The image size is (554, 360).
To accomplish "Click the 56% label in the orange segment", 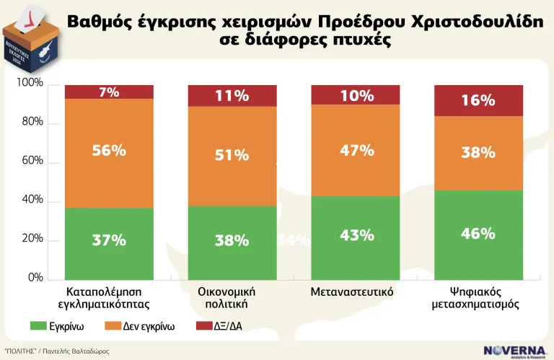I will click(x=109, y=151).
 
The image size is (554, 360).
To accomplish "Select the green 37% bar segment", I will click(x=109, y=242).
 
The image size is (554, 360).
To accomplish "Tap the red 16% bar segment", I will click(x=478, y=100).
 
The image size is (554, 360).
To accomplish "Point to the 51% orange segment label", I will click(x=232, y=155).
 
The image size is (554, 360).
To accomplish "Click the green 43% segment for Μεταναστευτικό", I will click(x=356, y=236).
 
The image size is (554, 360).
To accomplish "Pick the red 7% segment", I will click(x=109, y=92).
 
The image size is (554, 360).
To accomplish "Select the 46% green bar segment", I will click(x=478, y=234).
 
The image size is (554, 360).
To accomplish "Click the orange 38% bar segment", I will click(x=478, y=153).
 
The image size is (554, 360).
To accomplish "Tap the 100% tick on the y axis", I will click(x=30, y=84).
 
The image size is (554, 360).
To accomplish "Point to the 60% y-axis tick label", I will click(x=32, y=162).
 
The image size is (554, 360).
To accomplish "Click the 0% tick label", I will click(x=35, y=278).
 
